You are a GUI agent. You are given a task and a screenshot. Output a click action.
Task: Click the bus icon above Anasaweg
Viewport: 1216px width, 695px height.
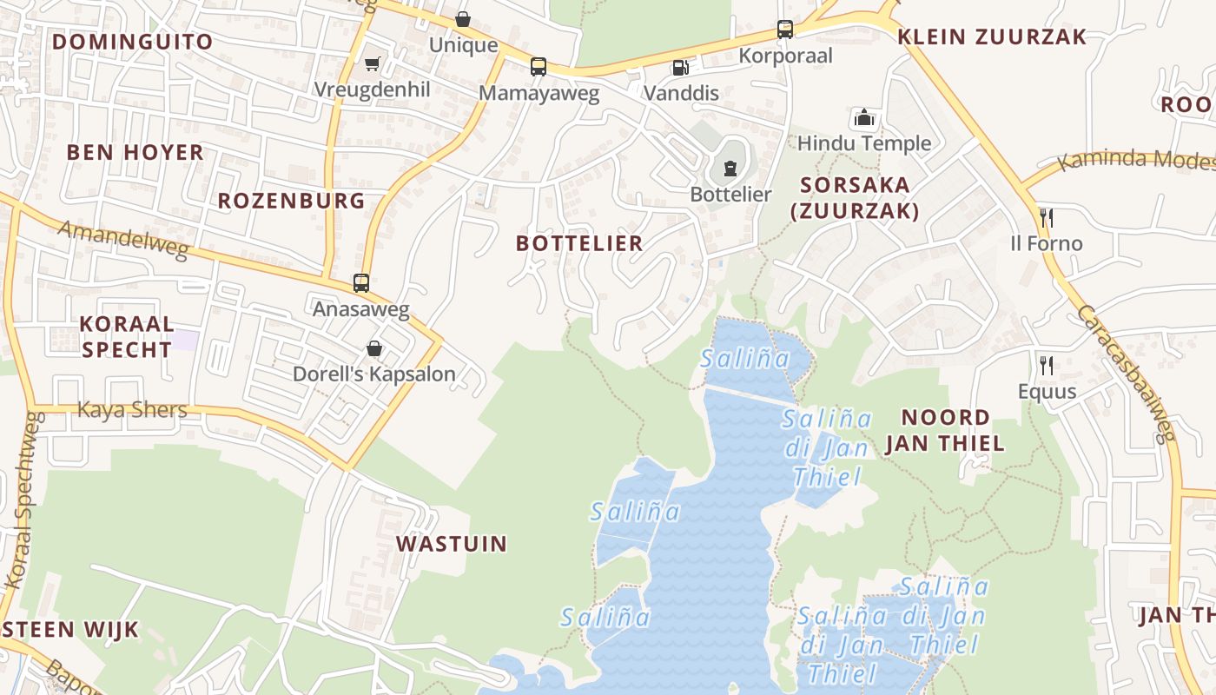click(360, 282)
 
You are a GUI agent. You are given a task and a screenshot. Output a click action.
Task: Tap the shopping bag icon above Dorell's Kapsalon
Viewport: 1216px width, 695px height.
click(374, 348)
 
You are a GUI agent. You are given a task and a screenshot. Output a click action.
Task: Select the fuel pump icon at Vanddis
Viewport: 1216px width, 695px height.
click(680, 67)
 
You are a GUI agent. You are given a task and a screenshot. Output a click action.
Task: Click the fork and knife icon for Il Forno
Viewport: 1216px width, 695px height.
click(1047, 216)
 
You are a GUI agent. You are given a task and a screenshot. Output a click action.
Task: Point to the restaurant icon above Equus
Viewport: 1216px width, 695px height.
click(1047, 364)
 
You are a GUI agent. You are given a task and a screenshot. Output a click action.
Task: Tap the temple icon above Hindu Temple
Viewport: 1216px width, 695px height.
click(864, 117)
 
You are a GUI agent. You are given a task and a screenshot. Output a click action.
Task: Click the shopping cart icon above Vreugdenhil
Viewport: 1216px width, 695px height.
click(373, 63)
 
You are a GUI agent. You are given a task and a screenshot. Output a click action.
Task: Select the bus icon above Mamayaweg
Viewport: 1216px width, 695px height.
click(539, 66)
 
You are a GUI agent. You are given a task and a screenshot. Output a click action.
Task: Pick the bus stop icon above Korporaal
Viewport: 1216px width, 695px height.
click(785, 30)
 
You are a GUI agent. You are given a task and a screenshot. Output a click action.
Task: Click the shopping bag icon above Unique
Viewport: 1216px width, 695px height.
click(464, 19)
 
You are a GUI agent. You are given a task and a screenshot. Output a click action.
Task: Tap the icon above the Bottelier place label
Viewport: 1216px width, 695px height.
click(730, 168)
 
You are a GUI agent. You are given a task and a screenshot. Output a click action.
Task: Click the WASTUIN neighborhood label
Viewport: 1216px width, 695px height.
click(452, 544)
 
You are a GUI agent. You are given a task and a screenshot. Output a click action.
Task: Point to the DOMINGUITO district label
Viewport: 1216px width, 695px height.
click(132, 42)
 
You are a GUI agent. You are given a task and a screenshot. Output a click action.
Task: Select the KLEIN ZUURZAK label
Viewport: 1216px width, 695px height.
click(992, 36)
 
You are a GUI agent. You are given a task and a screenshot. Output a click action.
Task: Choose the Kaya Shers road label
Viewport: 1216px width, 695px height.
click(132, 409)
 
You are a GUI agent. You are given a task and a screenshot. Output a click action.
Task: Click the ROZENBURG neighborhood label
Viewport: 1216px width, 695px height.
click(291, 201)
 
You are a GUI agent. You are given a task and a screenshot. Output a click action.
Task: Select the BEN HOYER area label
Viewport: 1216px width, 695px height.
click(135, 152)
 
